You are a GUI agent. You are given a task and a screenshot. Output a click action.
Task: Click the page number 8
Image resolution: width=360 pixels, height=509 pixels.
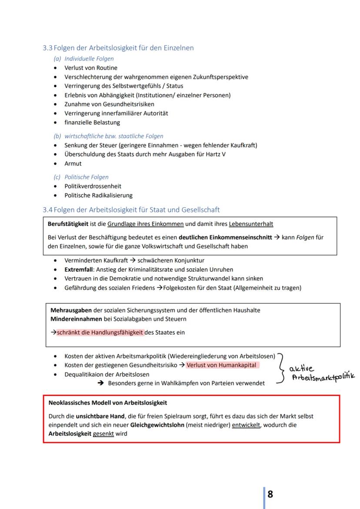coord(270,494)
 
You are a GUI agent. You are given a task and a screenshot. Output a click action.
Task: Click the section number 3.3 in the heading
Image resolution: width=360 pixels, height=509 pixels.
coord(47,48)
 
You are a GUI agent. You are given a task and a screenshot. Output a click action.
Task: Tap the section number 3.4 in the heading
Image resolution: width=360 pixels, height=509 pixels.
coord(47,210)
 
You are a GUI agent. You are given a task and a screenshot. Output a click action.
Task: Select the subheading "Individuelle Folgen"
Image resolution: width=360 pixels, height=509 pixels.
coord(89,59)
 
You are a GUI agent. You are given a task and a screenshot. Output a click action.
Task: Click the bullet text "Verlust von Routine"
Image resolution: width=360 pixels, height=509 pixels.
coord(91,68)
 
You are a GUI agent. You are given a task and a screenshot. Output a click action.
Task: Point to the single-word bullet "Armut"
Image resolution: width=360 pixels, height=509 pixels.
coord(73,163)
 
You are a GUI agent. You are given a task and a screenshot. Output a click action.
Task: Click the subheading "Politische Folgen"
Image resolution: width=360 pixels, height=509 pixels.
coord(87,177)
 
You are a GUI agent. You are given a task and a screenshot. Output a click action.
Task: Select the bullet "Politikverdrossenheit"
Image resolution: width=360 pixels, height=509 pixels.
coord(93,186)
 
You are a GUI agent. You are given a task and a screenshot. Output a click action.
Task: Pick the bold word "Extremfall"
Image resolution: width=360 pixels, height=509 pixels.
coord(78,269)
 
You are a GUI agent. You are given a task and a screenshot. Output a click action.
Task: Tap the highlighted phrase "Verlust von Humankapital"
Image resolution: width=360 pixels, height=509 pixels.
coord(221,365)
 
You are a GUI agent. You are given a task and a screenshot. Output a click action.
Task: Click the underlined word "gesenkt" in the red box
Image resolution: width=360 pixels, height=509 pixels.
coord(103,433)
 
